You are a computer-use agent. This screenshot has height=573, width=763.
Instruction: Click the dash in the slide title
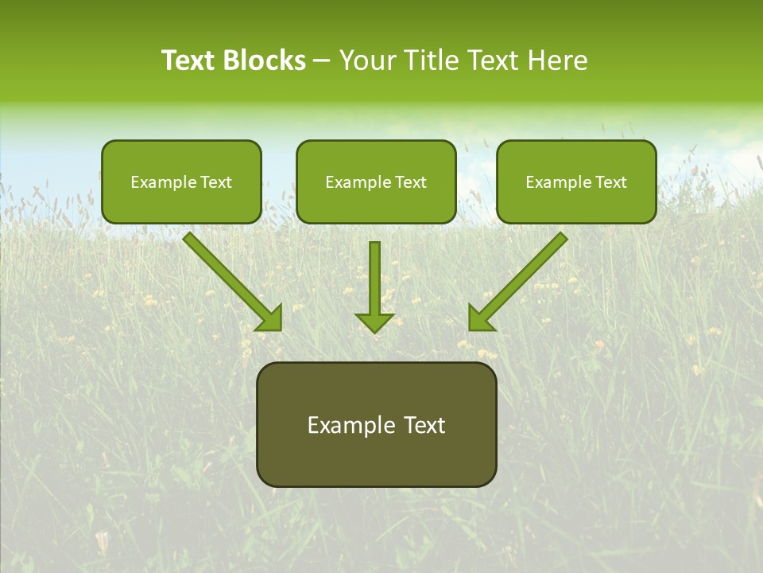[x=322, y=60]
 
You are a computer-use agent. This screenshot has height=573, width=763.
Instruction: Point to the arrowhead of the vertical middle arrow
[x=374, y=322]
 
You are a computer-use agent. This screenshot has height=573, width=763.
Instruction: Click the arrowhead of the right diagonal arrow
[x=480, y=318]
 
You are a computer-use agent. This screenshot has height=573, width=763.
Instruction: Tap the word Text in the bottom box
[x=424, y=425]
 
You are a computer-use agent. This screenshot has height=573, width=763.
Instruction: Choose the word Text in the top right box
[x=610, y=182]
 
